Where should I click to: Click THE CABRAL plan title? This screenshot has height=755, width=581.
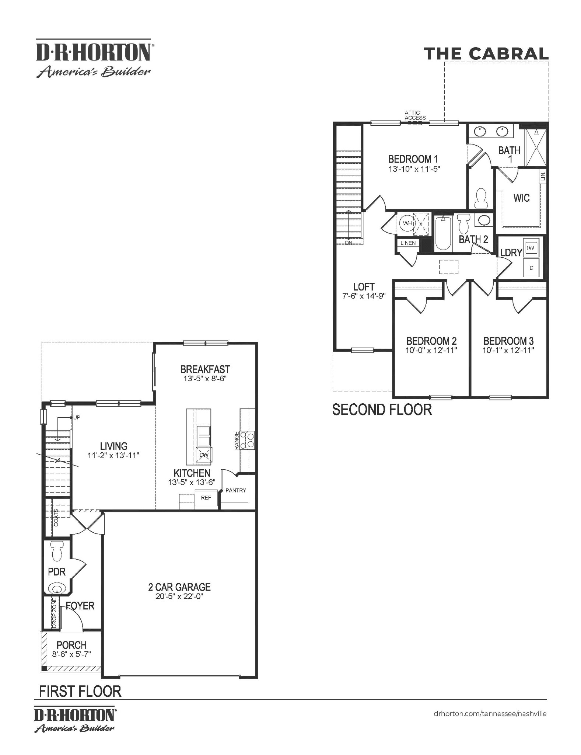[486, 54]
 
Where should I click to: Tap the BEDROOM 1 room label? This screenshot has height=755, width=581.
[413, 159]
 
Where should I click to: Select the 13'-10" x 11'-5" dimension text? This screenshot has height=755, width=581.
[414, 169]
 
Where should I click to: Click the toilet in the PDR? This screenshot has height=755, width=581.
[57, 550]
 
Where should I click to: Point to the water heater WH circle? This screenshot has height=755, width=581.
[407, 223]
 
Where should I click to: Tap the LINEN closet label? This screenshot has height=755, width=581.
[408, 243]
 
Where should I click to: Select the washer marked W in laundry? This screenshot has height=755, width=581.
[531, 248]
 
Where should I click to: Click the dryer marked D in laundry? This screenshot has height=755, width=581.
[531, 268]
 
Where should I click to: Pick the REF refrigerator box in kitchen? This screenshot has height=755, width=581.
[206, 498]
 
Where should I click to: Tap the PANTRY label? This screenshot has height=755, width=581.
[235, 490]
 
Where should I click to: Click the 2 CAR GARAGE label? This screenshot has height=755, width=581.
[179, 587]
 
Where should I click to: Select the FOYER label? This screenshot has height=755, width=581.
[80, 606]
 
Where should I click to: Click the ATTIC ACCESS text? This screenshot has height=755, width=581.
[415, 115]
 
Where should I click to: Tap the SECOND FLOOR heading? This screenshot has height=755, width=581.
[382, 410]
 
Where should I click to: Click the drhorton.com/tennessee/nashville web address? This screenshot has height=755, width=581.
[490, 714]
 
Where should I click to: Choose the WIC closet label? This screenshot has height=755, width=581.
[521, 198]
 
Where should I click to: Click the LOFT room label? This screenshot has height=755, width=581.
[364, 286]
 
